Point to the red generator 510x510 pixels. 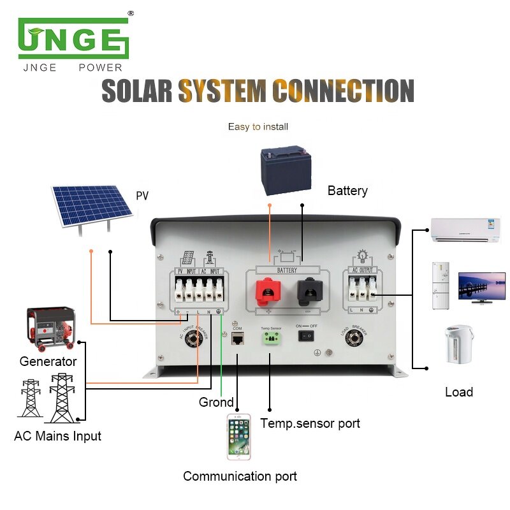[50, 329]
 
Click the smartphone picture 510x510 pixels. [239, 437]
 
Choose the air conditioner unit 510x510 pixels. [465, 229]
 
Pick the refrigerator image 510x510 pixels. [441, 286]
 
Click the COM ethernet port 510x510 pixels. [237, 339]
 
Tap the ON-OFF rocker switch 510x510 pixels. [307, 336]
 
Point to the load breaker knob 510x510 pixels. [353, 339]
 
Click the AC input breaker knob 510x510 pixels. [190, 339]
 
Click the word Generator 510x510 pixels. [48, 361]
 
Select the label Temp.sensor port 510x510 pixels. [310, 423]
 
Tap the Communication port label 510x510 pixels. [240, 476]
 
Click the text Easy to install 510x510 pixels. [258, 127]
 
